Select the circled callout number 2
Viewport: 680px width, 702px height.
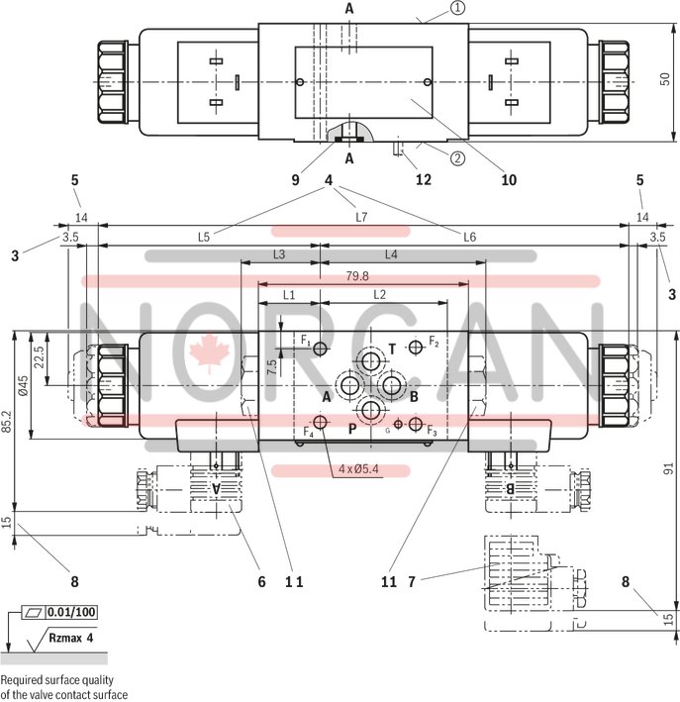click(458, 156)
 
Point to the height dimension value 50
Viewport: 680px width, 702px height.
click(666, 77)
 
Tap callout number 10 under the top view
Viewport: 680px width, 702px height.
click(509, 180)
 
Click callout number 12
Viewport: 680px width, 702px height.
click(424, 180)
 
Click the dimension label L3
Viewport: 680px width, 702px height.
click(279, 254)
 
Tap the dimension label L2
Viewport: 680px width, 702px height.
click(380, 295)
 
